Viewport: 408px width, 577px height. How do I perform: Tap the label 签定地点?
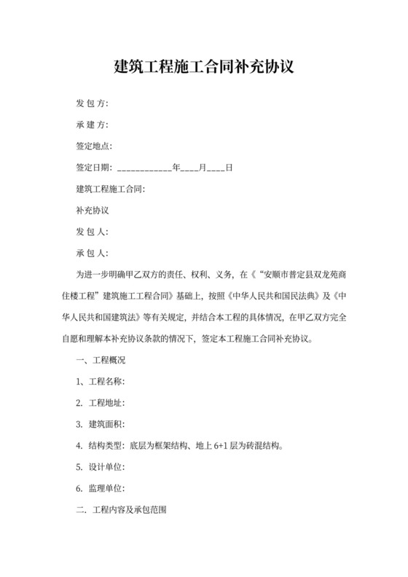point(94,146)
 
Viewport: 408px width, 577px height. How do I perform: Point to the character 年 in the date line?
point(176,168)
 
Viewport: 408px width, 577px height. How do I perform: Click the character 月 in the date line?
point(203,168)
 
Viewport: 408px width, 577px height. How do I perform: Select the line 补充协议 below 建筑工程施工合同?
point(92,211)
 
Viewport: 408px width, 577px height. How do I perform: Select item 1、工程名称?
point(100,382)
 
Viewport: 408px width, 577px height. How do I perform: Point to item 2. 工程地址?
point(101,403)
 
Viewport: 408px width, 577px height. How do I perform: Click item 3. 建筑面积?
point(101,424)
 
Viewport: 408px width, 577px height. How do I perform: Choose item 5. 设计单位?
point(101,467)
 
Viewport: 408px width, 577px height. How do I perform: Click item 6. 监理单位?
point(101,488)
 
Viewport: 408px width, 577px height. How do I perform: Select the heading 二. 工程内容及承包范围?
point(121,509)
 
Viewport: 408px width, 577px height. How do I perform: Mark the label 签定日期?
point(94,168)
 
